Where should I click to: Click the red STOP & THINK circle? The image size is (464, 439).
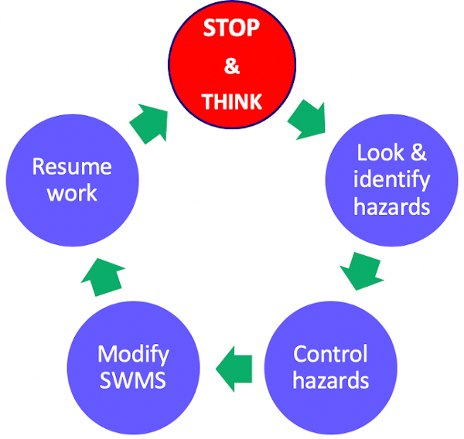click(x=232, y=66)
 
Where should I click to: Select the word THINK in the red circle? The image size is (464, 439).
click(x=231, y=101)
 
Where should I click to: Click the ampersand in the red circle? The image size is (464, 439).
click(x=231, y=66)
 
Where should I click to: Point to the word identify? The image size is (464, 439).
click(x=391, y=180)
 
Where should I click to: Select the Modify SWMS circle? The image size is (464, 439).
click(x=133, y=368)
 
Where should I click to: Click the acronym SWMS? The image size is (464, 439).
click(x=133, y=382)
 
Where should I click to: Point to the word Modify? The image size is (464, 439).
click(x=133, y=355)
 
